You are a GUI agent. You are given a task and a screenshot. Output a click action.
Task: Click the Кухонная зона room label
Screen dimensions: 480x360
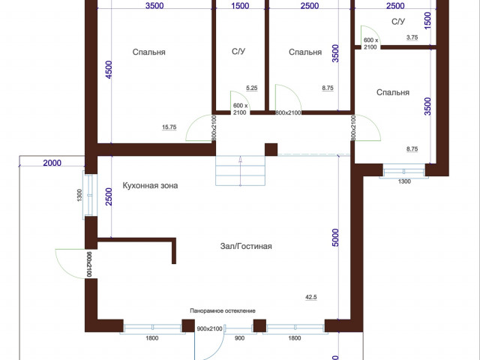coord(150,185)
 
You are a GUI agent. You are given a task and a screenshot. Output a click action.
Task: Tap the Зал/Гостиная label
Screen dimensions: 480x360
coord(246,246)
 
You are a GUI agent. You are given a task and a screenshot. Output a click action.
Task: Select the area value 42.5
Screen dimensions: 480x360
coord(311,297)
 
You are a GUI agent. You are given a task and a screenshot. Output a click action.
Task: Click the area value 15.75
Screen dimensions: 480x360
coord(169,127)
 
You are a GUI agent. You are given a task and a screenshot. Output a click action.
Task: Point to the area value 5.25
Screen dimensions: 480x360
coord(252,88)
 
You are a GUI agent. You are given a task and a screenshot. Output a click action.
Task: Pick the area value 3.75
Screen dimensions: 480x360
coord(412,37)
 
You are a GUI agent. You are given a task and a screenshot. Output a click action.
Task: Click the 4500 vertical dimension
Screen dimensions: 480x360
coord(109,70)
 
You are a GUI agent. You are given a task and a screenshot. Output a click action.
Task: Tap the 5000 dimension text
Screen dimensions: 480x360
coord(335,238)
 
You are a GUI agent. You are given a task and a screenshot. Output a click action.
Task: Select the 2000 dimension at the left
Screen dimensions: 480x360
coord(52,163)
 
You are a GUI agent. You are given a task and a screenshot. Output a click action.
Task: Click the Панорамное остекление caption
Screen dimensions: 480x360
coord(223,310)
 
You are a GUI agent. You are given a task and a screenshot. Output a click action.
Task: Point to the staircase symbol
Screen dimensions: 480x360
coord(240,170)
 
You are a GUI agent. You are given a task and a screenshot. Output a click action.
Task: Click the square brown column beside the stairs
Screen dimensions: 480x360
coord(271,149)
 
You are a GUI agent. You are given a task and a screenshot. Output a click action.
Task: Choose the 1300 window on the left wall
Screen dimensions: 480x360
coord(88,195)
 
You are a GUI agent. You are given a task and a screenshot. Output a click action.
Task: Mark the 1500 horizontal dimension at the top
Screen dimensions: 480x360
coord(240,6)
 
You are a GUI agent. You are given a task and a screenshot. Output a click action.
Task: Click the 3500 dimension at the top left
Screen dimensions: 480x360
coord(154,6)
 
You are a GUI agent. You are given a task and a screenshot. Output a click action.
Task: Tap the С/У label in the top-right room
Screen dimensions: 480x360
coord(398,22)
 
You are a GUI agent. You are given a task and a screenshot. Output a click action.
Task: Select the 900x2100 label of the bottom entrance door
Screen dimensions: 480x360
coord(209,328)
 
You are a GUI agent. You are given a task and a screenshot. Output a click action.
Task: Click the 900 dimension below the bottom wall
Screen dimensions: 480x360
coord(239,338)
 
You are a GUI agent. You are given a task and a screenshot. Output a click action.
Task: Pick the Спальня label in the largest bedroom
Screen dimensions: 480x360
coord(148,52)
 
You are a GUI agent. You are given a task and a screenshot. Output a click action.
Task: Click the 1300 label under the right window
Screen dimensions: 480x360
coord(404,181)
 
